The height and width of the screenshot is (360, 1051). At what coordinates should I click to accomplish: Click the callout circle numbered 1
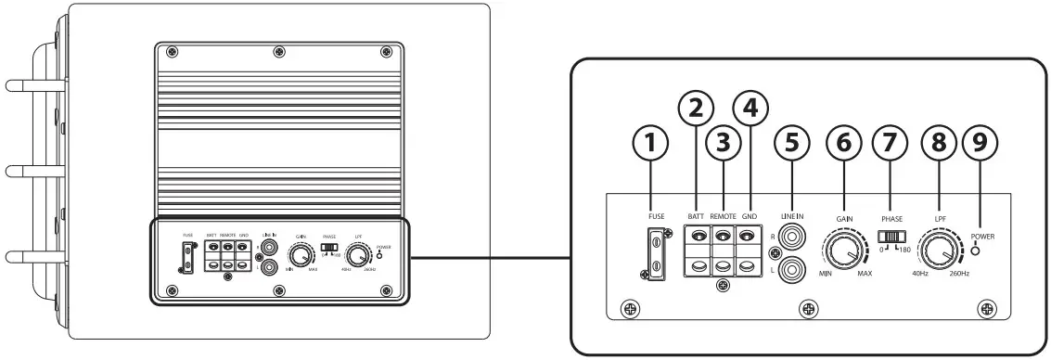pyautogui.click(x=650, y=144)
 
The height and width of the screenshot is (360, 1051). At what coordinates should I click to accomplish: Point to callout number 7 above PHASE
pyautogui.click(x=891, y=144)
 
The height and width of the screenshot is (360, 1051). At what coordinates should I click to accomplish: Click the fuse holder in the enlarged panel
pyautogui.click(x=656, y=253)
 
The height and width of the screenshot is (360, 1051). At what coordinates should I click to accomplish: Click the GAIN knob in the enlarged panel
pyautogui.click(x=844, y=251)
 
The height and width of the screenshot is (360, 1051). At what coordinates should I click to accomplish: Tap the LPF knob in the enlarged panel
pyautogui.click(x=942, y=251)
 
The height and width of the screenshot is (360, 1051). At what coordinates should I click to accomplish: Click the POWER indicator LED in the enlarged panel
pyautogui.click(x=981, y=251)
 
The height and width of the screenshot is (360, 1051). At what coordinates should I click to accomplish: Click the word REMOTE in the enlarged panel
pyautogui.click(x=722, y=215)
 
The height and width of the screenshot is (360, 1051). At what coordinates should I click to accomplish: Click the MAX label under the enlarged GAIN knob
pyautogui.click(x=865, y=275)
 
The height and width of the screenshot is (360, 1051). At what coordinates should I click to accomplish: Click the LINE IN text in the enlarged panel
pyautogui.click(x=792, y=215)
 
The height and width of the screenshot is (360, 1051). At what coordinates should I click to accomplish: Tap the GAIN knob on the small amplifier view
pyautogui.click(x=301, y=252)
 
